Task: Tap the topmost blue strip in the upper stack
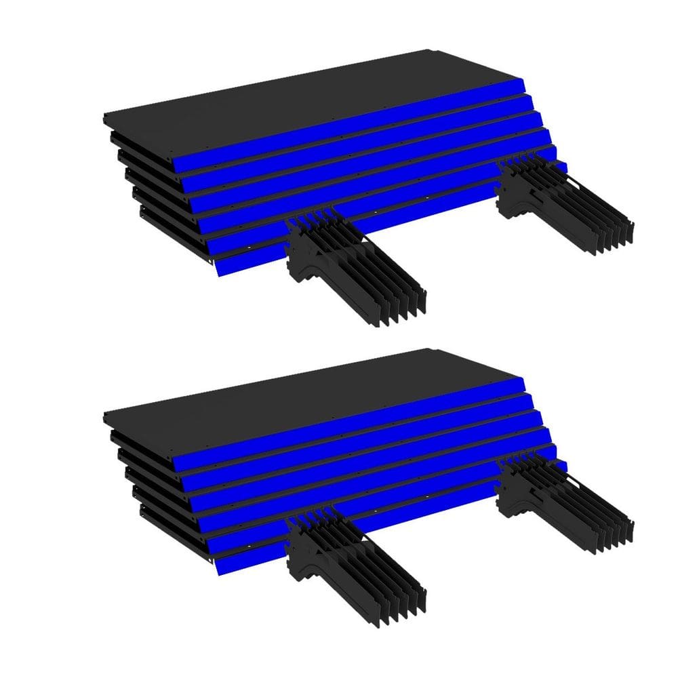pos(353,125)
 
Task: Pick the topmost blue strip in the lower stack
pos(353,424)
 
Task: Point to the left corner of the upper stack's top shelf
pos(106,119)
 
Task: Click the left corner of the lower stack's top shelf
pos(106,418)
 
